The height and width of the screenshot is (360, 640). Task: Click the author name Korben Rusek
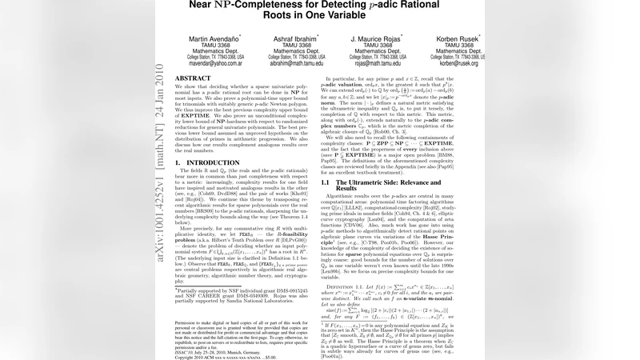458,38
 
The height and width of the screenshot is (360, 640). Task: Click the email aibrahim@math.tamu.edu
298,63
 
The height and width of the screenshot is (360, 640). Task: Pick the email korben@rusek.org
458,63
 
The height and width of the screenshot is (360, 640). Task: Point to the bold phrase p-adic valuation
345,94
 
